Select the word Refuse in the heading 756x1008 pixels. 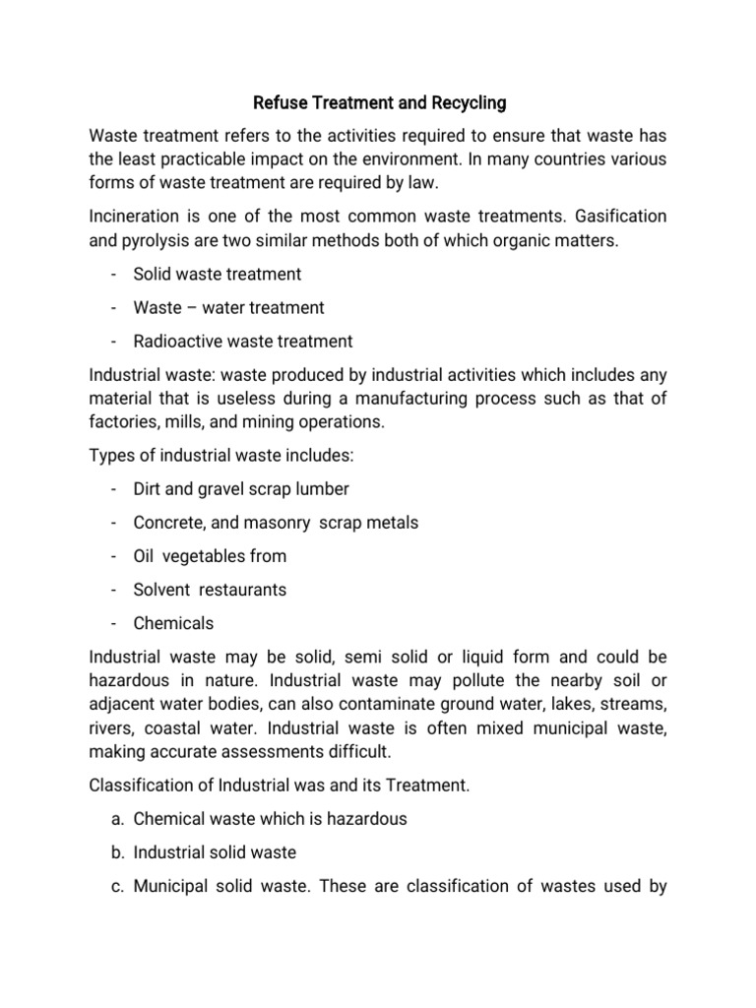pyautogui.click(x=282, y=101)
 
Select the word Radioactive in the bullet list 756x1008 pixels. pyautogui.click(x=176, y=342)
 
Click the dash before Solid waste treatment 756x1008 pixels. pyautogui.click(x=115, y=275)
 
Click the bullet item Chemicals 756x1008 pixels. pyautogui.click(x=173, y=623)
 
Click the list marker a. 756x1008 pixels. pyautogui.click(x=115, y=819)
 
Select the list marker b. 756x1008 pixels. pyautogui.click(x=115, y=852)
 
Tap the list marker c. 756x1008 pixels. pyautogui.click(x=115, y=886)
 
